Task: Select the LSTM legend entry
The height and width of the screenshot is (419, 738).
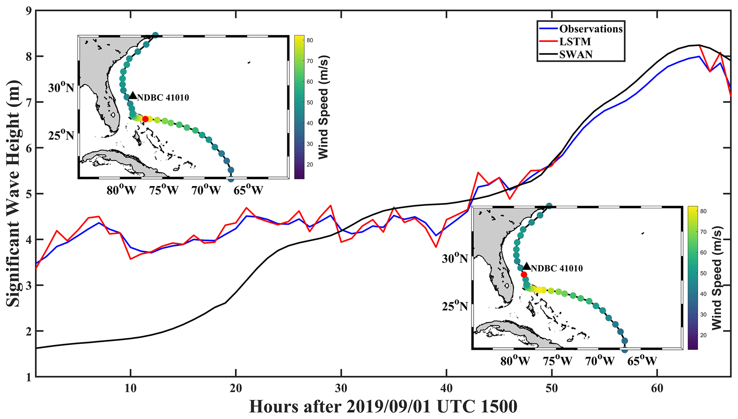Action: point(575,41)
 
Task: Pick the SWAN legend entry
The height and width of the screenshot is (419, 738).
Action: point(576,54)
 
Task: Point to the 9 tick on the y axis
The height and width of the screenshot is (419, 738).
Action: point(27,11)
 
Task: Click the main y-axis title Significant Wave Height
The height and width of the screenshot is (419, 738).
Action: point(13,193)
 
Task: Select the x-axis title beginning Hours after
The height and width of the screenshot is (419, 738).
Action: point(383,406)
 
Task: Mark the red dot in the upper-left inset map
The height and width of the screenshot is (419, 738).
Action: point(145,119)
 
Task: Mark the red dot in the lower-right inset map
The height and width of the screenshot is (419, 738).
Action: point(524,274)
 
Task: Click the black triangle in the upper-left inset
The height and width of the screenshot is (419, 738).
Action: point(133,95)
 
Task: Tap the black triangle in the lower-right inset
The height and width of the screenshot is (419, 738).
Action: point(526,266)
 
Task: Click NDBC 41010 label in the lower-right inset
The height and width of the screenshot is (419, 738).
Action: point(557,268)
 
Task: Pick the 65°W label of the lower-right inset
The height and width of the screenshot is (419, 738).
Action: point(642,361)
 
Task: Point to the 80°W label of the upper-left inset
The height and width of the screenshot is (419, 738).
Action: point(121,190)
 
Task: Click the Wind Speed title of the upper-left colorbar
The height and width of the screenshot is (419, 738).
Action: point(323,107)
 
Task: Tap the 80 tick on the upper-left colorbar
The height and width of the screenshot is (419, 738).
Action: point(310,40)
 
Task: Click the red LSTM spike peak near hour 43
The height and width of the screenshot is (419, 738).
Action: point(478,173)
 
